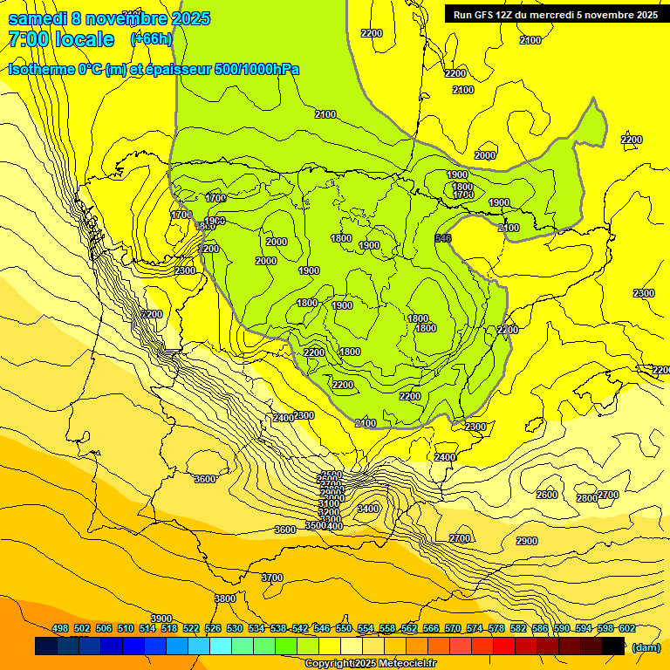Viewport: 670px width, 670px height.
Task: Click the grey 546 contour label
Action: tap(443, 238)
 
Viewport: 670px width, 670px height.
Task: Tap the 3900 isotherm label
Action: tap(161, 619)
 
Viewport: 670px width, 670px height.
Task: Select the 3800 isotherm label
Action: tap(225, 598)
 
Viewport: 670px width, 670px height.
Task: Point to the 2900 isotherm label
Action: tap(527, 541)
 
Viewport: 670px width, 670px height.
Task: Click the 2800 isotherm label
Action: tap(587, 498)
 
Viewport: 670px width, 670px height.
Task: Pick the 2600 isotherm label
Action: tap(547, 495)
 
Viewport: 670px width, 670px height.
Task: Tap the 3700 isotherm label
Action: tap(272, 578)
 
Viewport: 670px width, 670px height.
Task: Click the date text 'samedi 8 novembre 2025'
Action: tap(109, 18)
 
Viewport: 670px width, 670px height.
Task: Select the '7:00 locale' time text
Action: tap(61, 39)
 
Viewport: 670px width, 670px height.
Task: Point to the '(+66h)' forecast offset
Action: tap(151, 39)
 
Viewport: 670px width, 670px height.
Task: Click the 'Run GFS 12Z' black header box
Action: tap(555, 14)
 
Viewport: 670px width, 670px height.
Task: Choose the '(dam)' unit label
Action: tap(646, 646)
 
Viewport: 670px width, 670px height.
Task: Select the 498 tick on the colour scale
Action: tap(60, 629)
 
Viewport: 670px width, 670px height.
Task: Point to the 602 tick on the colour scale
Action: tap(627, 629)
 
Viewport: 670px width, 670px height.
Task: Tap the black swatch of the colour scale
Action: tap(613, 646)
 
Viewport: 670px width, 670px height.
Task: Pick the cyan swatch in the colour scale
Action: tap(221, 646)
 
